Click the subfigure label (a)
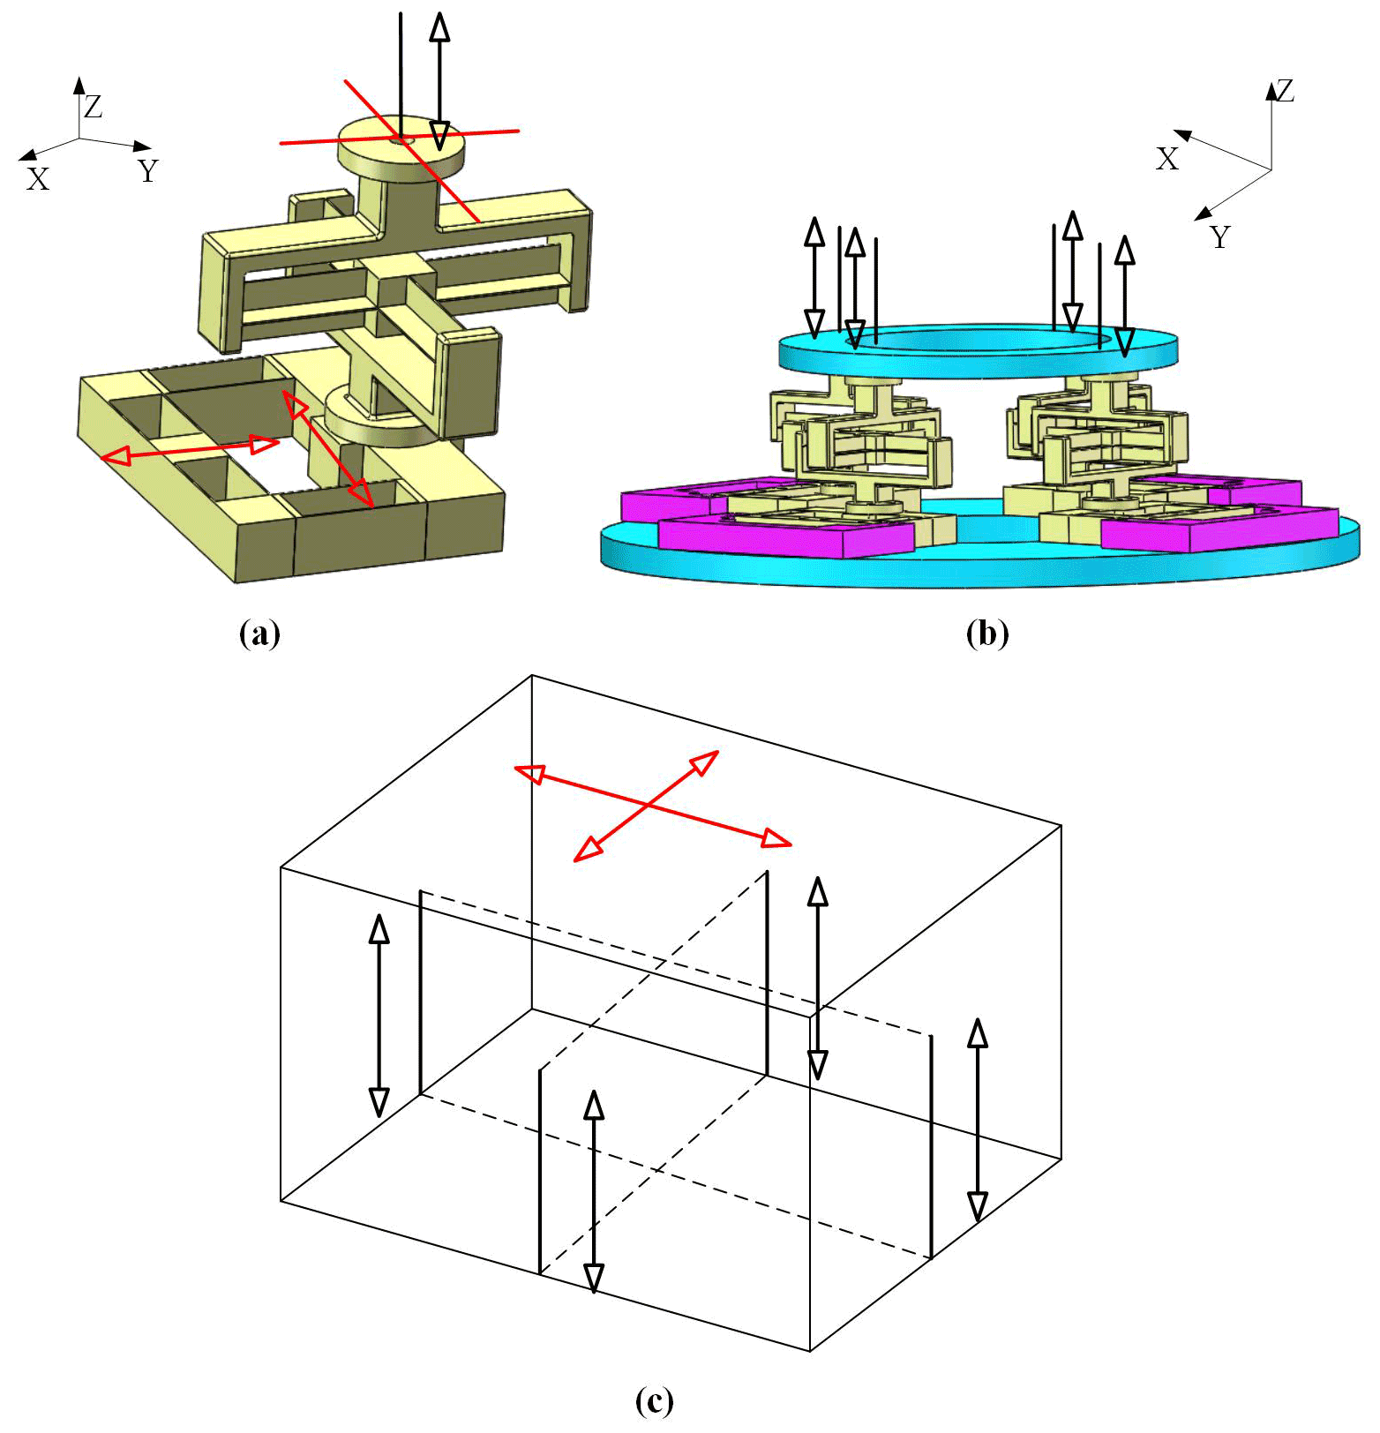point(259,634)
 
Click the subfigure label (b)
point(986,634)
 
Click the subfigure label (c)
point(654,1400)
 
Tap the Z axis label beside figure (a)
point(93,108)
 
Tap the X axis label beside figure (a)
point(38,179)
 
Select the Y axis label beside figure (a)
point(148,170)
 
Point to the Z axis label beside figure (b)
point(1285,91)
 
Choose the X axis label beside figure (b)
point(1167,159)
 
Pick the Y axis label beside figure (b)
point(1219,237)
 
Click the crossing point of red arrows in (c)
point(649,805)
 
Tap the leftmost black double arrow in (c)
point(379,1016)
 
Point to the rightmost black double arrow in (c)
point(977,1120)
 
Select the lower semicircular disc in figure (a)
point(379,422)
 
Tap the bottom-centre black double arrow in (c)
point(594,1192)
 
